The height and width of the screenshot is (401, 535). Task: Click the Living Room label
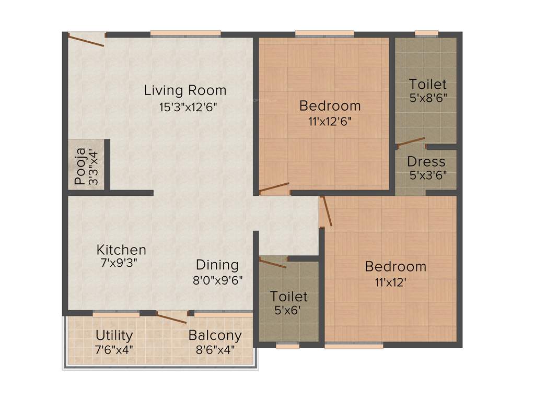point(185,90)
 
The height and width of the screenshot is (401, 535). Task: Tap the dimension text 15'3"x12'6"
point(188,108)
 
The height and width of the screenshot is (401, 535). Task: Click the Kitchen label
point(121,250)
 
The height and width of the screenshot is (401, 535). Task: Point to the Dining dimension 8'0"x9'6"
point(217,279)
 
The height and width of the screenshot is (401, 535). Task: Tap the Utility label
point(114,335)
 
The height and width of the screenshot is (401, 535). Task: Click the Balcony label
point(215,335)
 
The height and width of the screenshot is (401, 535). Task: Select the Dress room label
point(426,161)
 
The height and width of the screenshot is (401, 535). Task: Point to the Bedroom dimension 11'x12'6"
point(330,122)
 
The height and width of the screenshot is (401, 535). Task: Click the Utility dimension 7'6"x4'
point(114,349)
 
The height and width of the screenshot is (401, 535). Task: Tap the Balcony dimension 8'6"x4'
point(215,349)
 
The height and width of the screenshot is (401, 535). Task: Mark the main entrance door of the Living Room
point(86,40)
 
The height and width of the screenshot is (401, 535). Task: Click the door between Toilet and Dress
point(410,143)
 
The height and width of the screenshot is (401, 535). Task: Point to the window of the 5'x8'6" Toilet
point(427,34)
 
